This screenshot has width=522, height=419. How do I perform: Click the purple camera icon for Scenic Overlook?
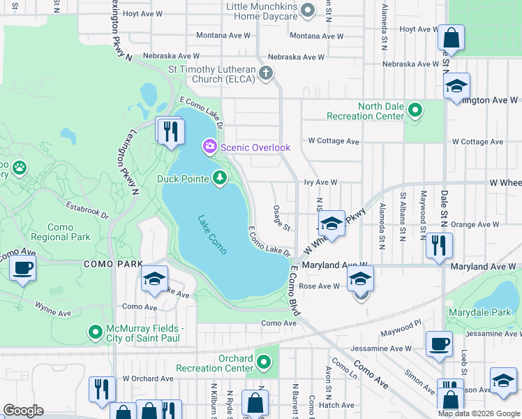(209, 147)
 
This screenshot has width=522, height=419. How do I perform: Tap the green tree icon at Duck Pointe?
(220, 179)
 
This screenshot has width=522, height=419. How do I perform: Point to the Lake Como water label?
(211, 228)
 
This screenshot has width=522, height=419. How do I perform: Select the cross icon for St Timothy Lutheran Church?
(265, 73)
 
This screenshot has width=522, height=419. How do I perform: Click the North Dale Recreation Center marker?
(415, 110)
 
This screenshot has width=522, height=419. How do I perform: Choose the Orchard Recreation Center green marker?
(264, 362)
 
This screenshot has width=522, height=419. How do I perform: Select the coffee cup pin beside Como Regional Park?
(23, 267)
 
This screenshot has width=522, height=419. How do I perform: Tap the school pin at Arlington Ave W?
(456, 86)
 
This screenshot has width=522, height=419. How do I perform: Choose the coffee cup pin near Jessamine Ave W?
(439, 344)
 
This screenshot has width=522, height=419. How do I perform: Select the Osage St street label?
(281, 221)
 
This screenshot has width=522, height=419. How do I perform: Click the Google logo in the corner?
(23, 411)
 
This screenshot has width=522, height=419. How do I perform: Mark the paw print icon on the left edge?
(19, 168)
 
